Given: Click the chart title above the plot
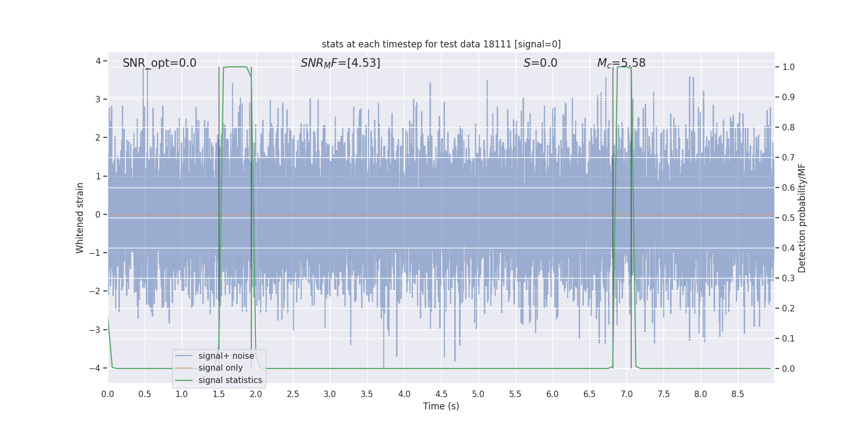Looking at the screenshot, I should click(x=441, y=44).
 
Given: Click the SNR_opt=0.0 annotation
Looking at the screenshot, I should click(x=159, y=63).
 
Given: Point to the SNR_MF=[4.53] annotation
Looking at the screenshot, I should click(x=340, y=63).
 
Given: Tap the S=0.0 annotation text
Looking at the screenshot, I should click(x=540, y=63).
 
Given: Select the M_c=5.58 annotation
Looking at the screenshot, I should click(x=621, y=63).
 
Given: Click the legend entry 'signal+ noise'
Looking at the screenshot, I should click(x=226, y=356).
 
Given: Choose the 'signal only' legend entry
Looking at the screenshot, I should click(x=220, y=368).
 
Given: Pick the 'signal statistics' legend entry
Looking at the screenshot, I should click(x=230, y=380).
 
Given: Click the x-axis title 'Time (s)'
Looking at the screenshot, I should click(x=441, y=406).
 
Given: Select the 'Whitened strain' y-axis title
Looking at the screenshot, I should click(x=80, y=218).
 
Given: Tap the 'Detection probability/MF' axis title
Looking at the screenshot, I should click(x=802, y=218).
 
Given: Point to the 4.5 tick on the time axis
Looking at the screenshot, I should click(x=441, y=394).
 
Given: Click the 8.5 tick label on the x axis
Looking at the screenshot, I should click(x=738, y=394).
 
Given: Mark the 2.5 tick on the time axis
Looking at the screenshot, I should click(x=293, y=394).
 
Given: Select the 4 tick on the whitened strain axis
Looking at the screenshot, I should click(x=98, y=61).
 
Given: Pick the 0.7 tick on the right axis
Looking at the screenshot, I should click(x=788, y=158).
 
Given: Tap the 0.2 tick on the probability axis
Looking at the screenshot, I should click(x=788, y=309).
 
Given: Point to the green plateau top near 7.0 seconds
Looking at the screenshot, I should click(x=624, y=67).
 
